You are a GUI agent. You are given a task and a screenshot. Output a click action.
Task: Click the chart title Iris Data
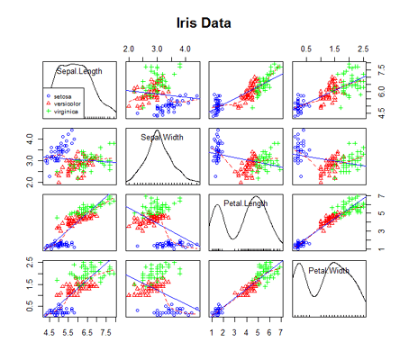[x=203, y=21]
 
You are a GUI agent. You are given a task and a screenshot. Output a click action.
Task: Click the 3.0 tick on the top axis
[x=157, y=47]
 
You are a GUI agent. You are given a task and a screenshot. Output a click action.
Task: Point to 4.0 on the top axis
[x=185, y=47]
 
